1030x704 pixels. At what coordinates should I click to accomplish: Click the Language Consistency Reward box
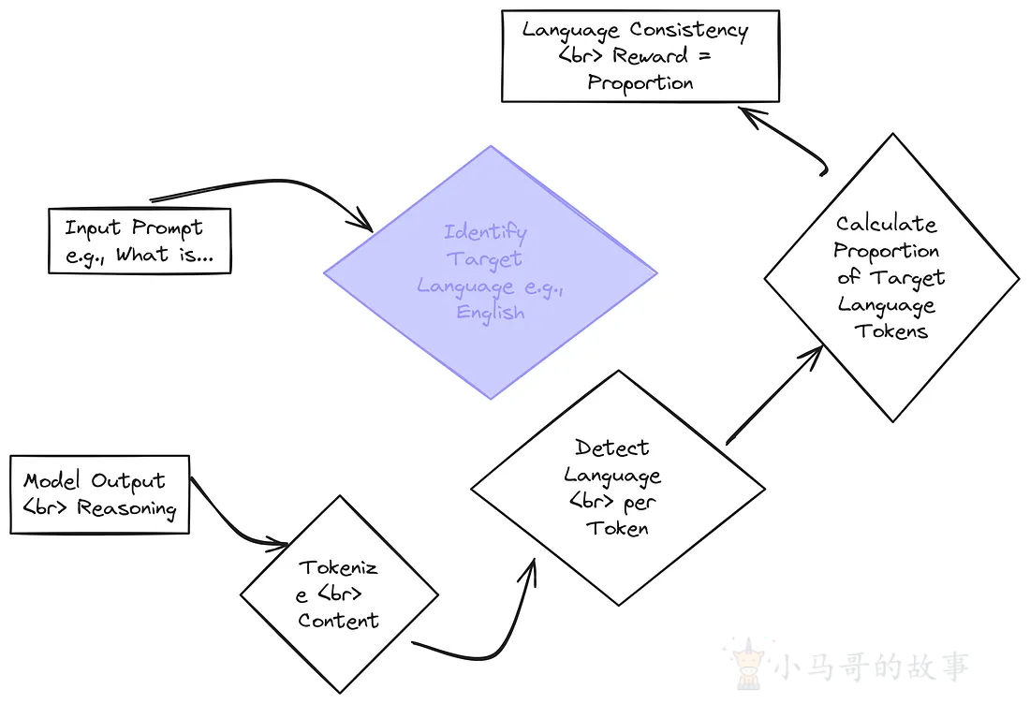pos(640,55)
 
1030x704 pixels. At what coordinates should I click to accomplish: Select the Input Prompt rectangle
pos(140,242)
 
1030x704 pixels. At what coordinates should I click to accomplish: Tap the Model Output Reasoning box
pos(100,494)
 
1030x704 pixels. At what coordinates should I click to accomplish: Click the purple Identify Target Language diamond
pos(491,272)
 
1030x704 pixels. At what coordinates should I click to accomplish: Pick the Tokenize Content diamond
pos(339,594)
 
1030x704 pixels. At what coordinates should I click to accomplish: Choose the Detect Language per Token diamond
pos(617,487)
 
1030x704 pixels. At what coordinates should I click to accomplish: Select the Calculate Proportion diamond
pos(890,277)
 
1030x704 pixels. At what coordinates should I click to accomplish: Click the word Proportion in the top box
pos(640,82)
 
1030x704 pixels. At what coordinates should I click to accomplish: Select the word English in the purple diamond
pos(490,313)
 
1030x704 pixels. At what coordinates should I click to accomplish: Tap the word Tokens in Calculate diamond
pos(890,331)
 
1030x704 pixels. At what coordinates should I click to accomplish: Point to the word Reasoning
pos(126,509)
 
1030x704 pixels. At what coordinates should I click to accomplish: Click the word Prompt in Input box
pos(167,227)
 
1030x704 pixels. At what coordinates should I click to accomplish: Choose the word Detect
pos(612,447)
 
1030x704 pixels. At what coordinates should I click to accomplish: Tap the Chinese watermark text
pos(871,666)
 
